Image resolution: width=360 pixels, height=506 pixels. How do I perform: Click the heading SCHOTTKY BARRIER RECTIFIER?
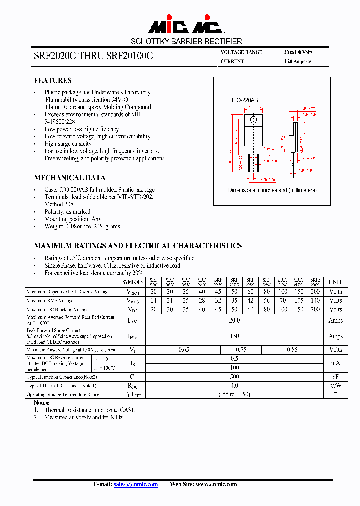(x=186, y=41)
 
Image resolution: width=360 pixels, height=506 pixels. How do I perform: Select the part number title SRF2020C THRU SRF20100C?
(x=93, y=57)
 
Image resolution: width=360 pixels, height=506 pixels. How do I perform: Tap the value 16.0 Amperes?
(x=298, y=62)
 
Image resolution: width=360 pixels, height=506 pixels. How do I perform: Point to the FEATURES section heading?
(x=52, y=81)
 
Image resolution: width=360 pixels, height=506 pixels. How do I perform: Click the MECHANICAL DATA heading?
(x=69, y=178)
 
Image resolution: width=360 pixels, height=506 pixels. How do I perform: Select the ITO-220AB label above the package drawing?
(x=245, y=100)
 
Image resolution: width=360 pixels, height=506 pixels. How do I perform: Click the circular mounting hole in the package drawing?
(x=253, y=120)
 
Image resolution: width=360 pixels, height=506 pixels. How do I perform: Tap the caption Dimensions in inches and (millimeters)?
(x=272, y=190)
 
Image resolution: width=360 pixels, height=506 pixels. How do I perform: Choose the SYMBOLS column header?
(x=132, y=282)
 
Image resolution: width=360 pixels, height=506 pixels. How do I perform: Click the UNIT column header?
(x=335, y=282)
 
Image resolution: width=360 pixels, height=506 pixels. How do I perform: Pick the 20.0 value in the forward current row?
(x=234, y=321)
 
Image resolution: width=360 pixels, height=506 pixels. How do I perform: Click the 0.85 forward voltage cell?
(x=292, y=350)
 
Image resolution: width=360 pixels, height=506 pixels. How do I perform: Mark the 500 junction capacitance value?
(x=234, y=377)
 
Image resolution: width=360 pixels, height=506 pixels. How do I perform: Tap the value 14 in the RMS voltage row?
(x=153, y=301)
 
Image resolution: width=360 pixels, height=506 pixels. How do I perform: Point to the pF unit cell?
(x=335, y=377)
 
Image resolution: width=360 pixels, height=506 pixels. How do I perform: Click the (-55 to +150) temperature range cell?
(x=234, y=394)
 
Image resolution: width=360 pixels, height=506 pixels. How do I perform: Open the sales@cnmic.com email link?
(x=136, y=484)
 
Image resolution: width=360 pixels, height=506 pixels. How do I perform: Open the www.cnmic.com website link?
(x=216, y=484)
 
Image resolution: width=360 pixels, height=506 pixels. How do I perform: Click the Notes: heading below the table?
(x=42, y=402)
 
